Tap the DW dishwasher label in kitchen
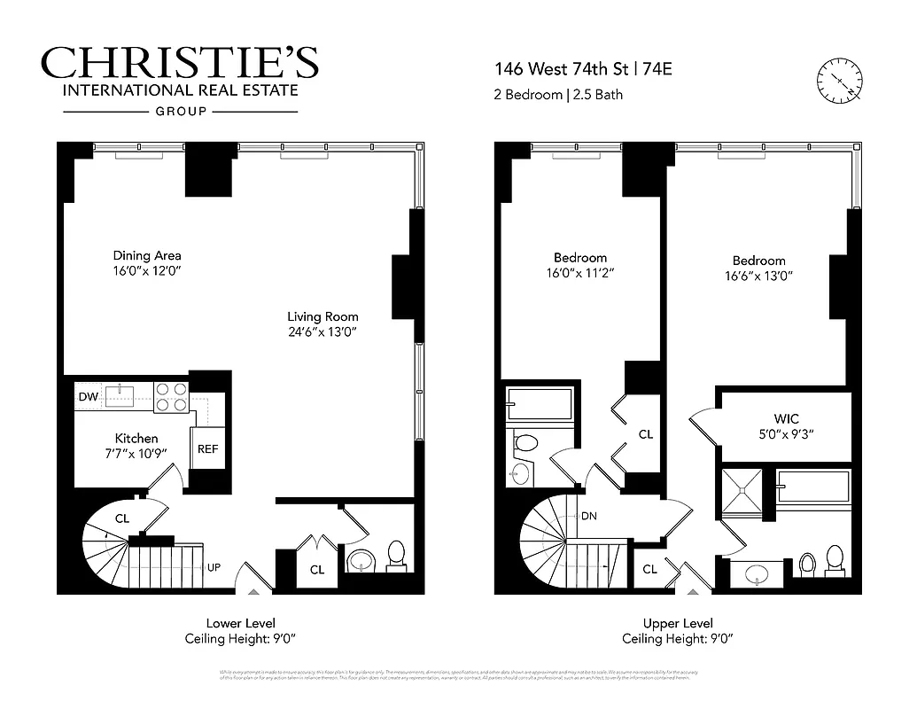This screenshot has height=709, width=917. [87, 397]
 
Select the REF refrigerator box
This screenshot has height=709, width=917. [207, 449]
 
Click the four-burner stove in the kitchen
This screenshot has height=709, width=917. [171, 396]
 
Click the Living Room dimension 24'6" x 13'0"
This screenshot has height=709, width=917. [323, 333]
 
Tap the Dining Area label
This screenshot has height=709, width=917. [147, 256]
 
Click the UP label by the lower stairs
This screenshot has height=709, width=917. [214, 567]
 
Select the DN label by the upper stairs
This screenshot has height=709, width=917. [588, 517]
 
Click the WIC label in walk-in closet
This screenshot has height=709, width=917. [787, 418]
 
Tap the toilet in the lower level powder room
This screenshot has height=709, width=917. [396, 554]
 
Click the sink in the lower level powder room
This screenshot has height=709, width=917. [361, 561]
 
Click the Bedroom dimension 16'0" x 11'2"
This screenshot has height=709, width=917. [581, 274]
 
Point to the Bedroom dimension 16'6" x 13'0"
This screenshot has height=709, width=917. [758, 277]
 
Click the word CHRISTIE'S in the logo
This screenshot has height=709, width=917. [179, 63]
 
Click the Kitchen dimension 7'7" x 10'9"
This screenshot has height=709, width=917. [136, 455]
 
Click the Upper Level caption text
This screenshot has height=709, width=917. [677, 624]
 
